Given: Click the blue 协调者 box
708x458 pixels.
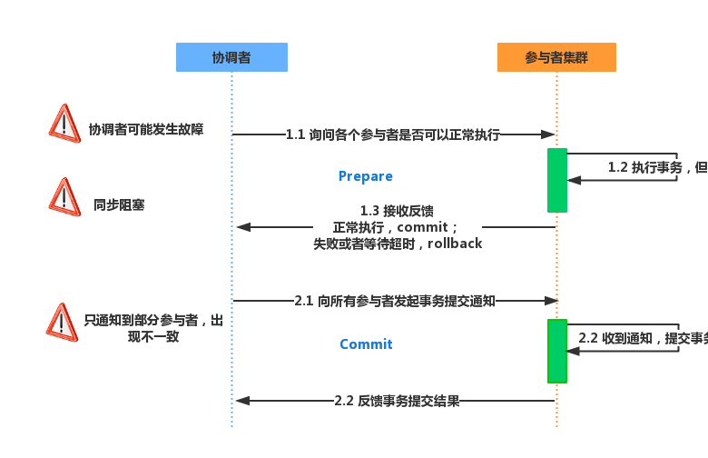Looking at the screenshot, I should pos(231,57).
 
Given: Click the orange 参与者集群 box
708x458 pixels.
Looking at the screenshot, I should pos(556,57).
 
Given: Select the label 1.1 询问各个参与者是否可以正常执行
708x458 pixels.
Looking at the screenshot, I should pos(393,134).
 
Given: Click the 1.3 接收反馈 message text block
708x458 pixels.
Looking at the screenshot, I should pos(398,227).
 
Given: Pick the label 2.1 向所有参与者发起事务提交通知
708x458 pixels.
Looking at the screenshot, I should pos(395,301).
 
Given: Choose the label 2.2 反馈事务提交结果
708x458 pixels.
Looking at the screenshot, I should pos(397,401).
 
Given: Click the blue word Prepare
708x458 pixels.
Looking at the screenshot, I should pos(365,176).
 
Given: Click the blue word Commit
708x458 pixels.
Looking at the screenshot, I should pos(366,344).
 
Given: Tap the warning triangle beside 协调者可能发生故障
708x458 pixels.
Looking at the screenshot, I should pos(64,124).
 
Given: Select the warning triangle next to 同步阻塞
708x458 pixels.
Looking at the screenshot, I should pos(64,197).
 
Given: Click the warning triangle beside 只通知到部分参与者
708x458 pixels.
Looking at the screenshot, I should pos(62,323).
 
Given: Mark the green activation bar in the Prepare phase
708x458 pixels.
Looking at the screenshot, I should pos(557,180).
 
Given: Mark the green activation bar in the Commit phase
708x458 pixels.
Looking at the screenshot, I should pos(557,351).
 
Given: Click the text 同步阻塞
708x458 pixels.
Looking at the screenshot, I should pos(119,205).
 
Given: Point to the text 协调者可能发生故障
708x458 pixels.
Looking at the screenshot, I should pos(145,130).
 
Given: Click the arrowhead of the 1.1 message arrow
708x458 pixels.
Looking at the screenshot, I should pos(548,134).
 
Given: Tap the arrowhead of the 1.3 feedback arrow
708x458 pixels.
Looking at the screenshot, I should pos(242,227).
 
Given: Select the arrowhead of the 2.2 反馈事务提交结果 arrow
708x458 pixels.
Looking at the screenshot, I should pos(242,401).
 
